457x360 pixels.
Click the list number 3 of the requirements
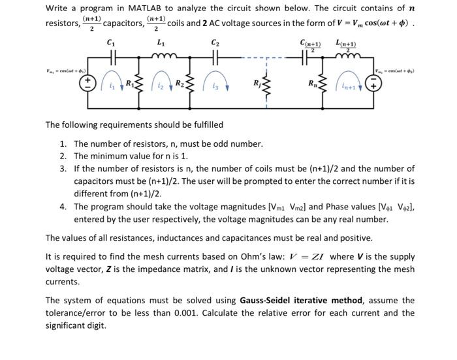click(63, 168)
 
